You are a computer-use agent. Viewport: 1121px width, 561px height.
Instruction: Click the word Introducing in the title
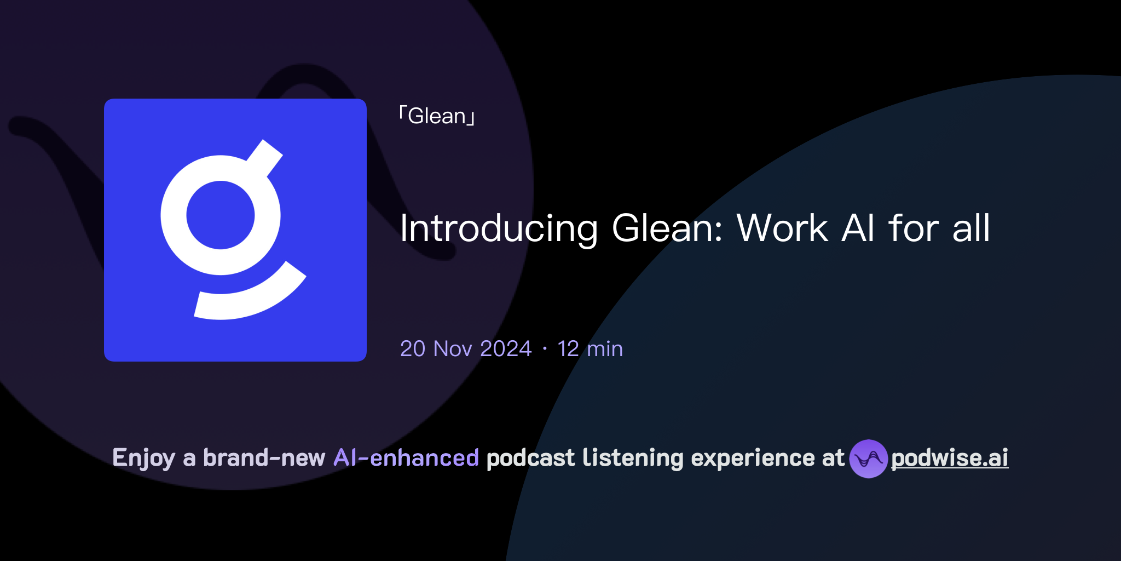(498, 228)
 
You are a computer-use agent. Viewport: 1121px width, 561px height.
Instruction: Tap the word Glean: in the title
(667, 228)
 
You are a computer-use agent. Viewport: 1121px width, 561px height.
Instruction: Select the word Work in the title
(782, 228)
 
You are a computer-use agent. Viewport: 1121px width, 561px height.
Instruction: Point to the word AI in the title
(858, 228)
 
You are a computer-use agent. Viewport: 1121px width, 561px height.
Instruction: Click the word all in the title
(971, 228)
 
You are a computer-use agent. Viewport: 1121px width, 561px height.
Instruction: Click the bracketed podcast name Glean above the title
(437, 116)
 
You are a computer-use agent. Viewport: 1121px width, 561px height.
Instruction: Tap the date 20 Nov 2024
(466, 349)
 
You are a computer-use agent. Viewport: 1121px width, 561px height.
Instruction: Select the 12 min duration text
(590, 349)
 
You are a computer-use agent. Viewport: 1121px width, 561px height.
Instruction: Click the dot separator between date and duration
(545, 349)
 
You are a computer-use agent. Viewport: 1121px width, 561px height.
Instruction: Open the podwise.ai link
(950, 458)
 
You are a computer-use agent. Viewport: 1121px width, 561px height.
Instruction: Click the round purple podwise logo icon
(868, 459)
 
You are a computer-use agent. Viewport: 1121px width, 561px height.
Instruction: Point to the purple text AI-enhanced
(406, 458)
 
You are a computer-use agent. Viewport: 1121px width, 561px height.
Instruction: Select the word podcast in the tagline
(530, 458)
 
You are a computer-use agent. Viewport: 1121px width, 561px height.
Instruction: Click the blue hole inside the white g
(221, 215)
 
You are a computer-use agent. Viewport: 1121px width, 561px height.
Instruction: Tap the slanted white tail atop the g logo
(265, 158)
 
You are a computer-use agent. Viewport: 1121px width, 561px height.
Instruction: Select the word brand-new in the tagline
(264, 458)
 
